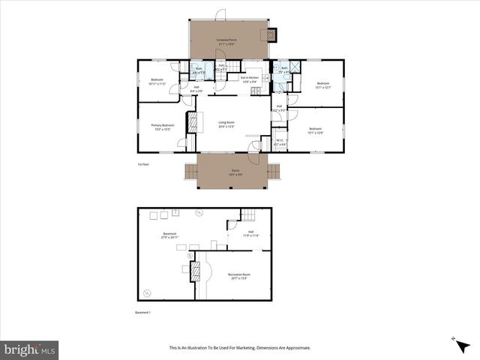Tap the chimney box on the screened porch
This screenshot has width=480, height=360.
270,34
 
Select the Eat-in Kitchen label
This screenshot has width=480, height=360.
250,79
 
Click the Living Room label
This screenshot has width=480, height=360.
226,124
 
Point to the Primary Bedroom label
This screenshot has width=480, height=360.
162,127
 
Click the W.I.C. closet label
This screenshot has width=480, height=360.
280,142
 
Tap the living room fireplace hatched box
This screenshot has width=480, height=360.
190,122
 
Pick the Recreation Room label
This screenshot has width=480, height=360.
238,276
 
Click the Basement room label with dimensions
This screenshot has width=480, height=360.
169,236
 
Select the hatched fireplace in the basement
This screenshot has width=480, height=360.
196,272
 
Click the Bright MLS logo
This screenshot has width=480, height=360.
30,349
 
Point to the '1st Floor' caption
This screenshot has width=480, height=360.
143,163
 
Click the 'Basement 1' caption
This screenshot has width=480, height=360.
143,311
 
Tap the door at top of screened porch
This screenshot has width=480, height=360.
220,15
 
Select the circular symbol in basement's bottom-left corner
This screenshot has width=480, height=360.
147,292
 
